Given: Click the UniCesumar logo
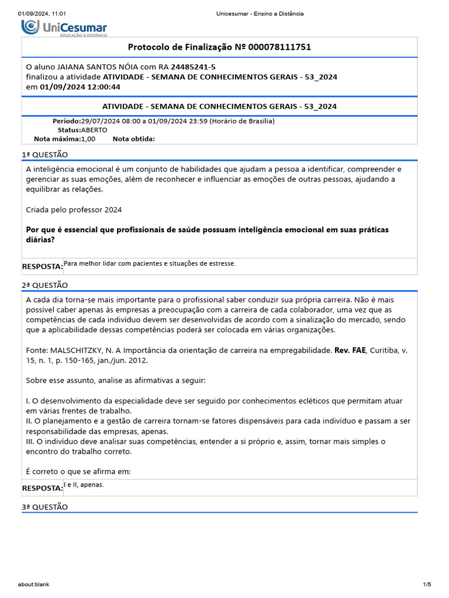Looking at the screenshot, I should [x=64, y=27].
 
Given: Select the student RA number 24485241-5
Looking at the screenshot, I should [x=193, y=67].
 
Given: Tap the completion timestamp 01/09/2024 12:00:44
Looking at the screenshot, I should [x=80, y=87].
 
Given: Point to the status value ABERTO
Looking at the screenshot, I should [x=94, y=130].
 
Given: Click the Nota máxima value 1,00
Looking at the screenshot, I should [x=88, y=139].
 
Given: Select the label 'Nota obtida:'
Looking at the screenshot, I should [x=133, y=139].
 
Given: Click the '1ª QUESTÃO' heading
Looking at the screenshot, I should [x=45, y=155].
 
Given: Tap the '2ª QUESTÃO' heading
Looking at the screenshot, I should [x=45, y=285].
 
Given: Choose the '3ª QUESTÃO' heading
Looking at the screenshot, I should [x=45, y=507].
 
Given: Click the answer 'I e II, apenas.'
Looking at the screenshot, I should [x=84, y=485].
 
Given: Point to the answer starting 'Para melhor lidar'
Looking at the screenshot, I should [x=150, y=263].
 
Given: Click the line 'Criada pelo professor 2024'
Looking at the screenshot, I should [x=74, y=210].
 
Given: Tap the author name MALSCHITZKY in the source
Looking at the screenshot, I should [x=80, y=350].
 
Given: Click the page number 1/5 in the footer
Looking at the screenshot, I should [x=427, y=584].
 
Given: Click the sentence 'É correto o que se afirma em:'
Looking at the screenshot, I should [x=78, y=471].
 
